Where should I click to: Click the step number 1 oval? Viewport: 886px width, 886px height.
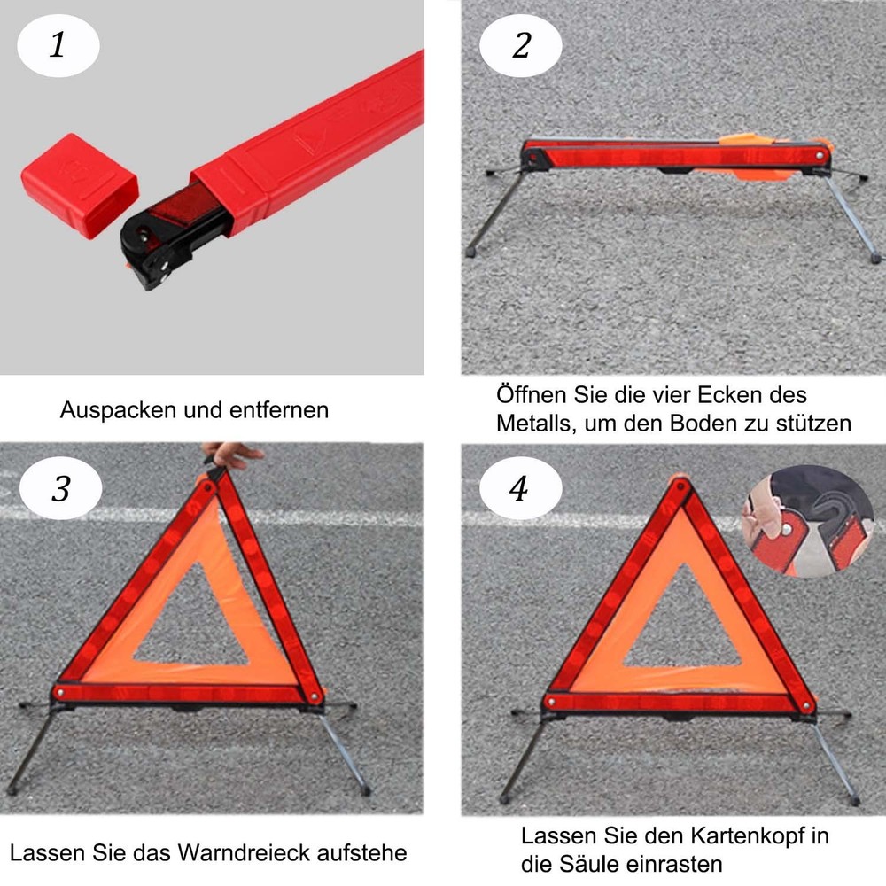pyautogui.click(x=58, y=45)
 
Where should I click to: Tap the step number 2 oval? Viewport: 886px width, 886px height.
pyautogui.click(x=521, y=45)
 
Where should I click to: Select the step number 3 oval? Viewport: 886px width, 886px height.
pyautogui.click(x=60, y=489)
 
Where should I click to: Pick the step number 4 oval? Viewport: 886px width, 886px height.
pyautogui.click(x=520, y=489)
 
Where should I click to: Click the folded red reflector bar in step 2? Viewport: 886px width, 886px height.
pyautogui.click(x=673, y=156)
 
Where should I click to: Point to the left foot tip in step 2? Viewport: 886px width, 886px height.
pyautogui.click(x=470, y=252)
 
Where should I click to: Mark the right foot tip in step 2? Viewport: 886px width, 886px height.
pyautogui.click(x=875, y=258)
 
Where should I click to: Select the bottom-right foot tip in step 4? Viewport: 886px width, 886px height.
pyautogui.click(x=854, y=801)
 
